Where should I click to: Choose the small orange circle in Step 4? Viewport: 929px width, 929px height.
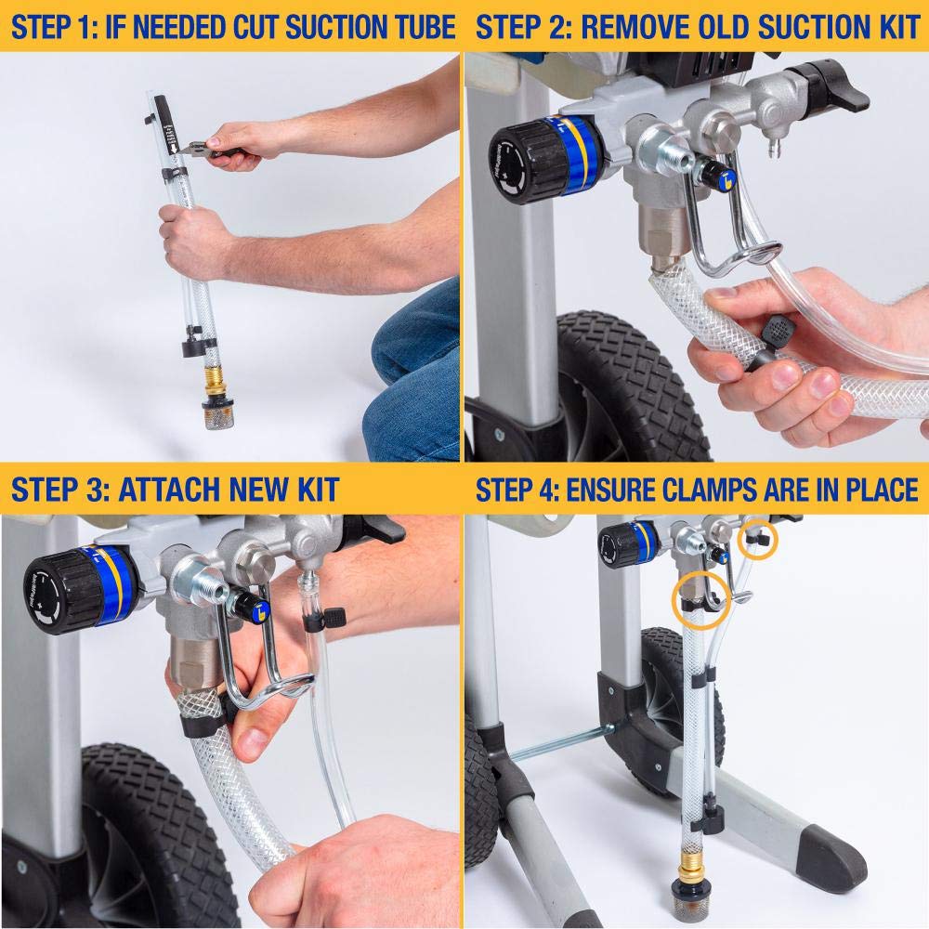756,543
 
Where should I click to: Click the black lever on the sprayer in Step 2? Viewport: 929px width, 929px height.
818,79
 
